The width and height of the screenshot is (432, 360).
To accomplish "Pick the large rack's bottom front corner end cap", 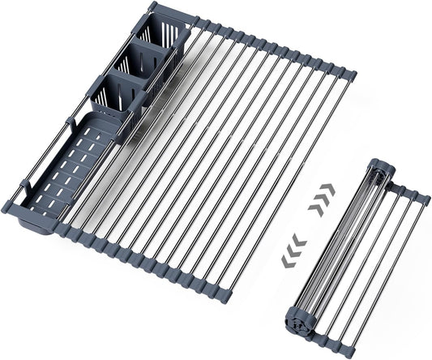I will coord(222,295).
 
